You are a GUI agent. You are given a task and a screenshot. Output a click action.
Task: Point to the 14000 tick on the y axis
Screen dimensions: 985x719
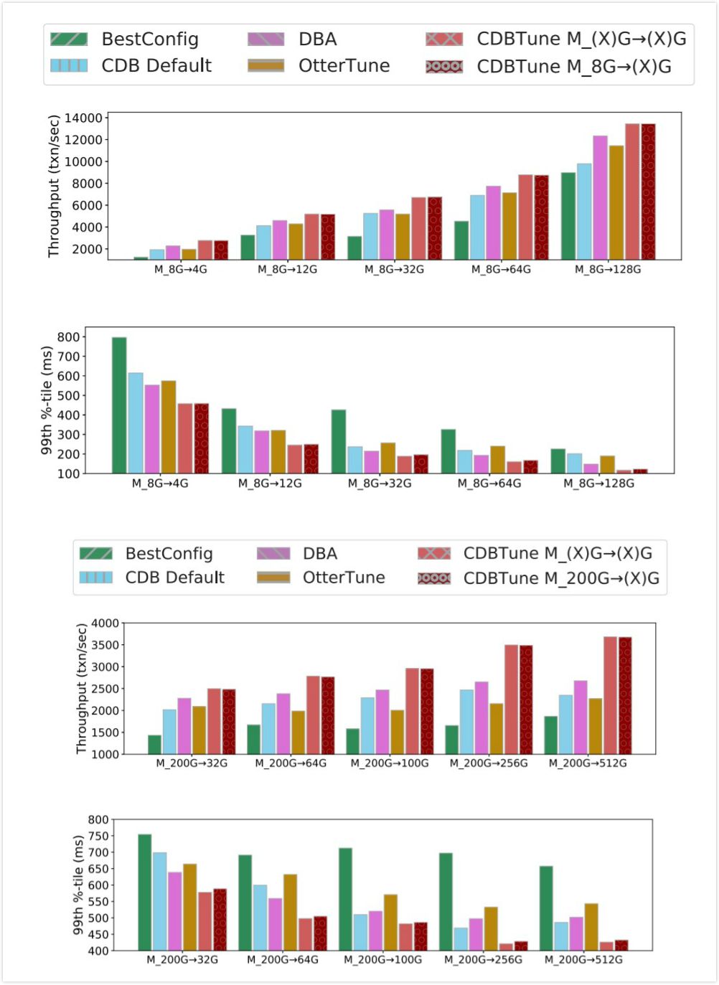[83, 118]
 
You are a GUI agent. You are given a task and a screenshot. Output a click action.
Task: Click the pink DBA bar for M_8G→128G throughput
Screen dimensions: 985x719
[600, 197]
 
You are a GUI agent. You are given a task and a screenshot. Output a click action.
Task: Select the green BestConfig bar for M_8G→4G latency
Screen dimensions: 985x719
[119, 405]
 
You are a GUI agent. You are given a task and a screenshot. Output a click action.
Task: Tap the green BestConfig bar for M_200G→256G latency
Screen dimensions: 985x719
[446, 901]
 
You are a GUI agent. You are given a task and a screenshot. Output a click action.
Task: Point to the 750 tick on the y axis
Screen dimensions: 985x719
[98, 836]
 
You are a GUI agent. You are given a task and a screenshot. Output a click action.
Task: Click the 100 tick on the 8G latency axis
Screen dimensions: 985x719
[68, 473]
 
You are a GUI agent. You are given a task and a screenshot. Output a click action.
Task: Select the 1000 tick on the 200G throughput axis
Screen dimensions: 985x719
[105, 754]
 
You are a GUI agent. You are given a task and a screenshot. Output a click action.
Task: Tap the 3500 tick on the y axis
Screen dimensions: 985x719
[105, 645]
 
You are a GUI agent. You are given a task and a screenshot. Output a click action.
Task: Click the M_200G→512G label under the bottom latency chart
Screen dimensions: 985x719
[583, 959]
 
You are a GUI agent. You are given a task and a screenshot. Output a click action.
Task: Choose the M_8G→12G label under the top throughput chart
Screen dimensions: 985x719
[287, 269]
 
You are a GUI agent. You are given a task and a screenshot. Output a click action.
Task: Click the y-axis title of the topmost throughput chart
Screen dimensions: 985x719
[54, 186]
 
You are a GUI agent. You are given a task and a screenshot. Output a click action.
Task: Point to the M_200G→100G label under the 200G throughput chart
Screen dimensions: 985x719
[390, 763]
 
